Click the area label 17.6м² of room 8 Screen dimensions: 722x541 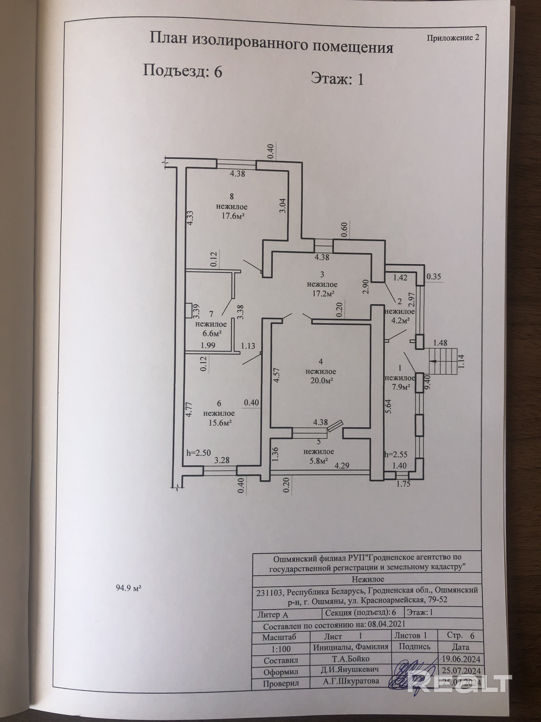point(231,216)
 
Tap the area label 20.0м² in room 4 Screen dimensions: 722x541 point(321,381)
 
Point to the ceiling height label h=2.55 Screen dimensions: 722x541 point(396,454)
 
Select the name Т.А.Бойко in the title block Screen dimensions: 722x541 point(350,659)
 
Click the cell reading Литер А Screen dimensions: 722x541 point(273,615)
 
